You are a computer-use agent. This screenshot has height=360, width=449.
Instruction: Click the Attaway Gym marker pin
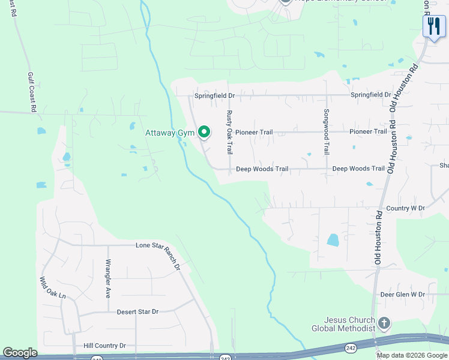204,131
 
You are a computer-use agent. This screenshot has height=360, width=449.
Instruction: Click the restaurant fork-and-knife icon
433,26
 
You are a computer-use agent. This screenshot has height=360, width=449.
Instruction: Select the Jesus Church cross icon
384,324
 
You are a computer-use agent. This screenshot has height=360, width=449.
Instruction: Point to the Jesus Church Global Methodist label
343,324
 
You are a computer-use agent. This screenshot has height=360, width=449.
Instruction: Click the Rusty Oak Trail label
229,133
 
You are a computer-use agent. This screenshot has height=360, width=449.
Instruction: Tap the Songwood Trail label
327,132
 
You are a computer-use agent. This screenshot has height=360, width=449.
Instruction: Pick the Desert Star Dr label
137,311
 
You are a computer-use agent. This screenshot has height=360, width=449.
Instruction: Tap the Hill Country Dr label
104,346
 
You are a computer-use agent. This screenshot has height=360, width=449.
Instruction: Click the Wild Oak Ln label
52,288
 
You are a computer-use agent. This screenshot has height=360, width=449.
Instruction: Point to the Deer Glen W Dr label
402,295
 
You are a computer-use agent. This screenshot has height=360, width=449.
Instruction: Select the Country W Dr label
406,208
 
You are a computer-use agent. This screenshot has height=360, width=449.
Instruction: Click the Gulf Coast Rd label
32,92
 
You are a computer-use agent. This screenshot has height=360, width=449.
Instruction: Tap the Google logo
20,353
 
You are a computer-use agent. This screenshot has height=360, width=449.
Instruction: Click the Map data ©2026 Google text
411,355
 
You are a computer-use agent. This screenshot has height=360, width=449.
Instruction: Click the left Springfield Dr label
214,95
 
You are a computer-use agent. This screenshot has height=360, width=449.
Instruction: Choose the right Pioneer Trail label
368,131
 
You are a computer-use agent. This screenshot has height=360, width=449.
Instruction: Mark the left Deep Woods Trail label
262,169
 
